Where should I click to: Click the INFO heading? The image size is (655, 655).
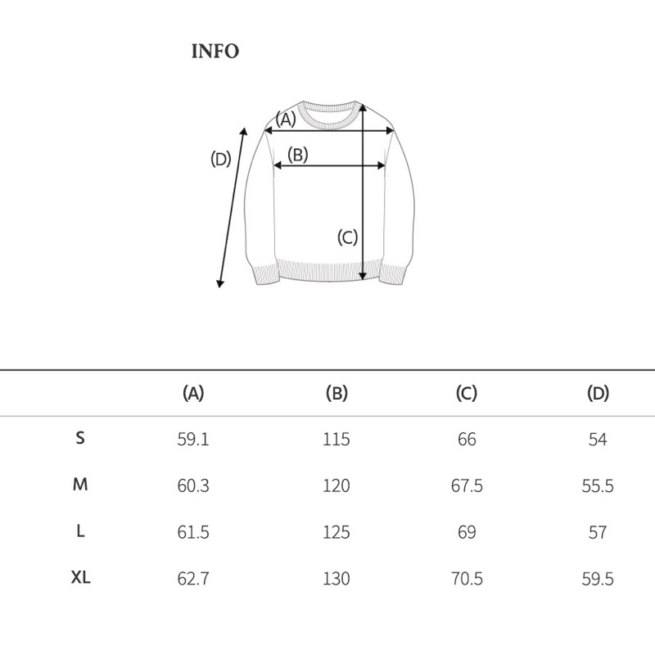[215, 52]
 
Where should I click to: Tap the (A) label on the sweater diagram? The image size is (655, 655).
[285, 119]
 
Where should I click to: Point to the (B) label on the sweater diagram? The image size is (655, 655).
[297, 154]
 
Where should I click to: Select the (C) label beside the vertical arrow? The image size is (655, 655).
[348, 237]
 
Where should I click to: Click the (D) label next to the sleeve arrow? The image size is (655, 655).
[221, 160]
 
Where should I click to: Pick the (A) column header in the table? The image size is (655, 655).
[193, 394]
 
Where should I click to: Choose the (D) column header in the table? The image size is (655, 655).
[599, 394]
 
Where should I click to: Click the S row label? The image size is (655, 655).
[80, 438]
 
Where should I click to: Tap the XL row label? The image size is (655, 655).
[80, 578]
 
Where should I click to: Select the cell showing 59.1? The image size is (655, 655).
[193, 440]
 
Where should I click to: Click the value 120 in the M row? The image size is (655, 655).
[337, 486]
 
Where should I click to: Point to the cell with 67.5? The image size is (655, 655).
[467, 486]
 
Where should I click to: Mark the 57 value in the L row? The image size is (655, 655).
[598, 533]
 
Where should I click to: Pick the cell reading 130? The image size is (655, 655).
[337, 580]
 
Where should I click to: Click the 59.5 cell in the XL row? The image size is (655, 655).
[598, 580]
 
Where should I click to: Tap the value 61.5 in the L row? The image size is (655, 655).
[193, 533]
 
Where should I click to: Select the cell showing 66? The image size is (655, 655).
[467, 440]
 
